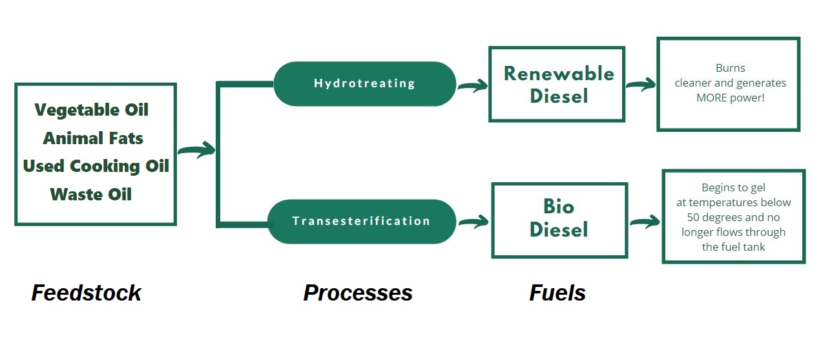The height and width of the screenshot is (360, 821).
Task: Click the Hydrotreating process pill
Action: click(x=364, y=83)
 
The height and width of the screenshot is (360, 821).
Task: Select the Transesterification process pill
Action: click(x=361, y=221)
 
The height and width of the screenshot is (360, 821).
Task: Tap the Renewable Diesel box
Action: click(x=557, y=84)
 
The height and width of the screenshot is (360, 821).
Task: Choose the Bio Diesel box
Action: click(x=559, y=220)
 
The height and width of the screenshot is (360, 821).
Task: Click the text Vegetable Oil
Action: click(x=92, y=110)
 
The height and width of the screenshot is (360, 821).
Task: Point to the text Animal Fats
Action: click(x=93, y=138)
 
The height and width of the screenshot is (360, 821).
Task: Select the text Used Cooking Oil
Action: click(x=96, y=166)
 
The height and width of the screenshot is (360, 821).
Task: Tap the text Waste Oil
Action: click(x=90, y=194)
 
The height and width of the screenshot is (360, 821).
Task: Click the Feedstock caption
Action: click(x=86, y=293)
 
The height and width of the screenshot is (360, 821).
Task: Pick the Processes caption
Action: click(x=358, y=293)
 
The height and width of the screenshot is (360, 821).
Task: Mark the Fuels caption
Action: click(x=557, y=293)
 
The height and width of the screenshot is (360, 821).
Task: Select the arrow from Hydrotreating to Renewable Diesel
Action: click(x=473, y=86)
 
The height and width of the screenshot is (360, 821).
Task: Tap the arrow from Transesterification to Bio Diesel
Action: click(x=473, y=222)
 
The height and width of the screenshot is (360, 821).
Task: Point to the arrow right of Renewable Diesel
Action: click(x=640, y=85)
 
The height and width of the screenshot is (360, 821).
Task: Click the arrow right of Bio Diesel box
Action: click(x=644, y=222)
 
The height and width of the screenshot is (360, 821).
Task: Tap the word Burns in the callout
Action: click(x=730, y=68)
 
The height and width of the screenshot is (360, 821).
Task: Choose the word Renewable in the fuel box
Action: click(x=559, y=74)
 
